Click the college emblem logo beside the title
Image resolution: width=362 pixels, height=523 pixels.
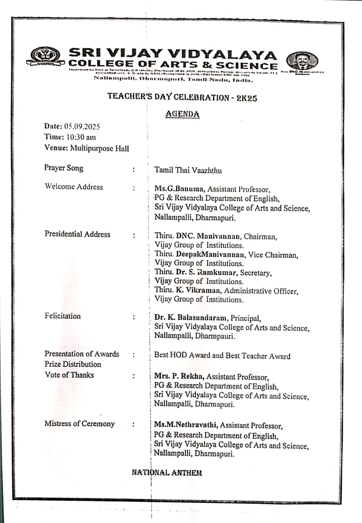point(45,57)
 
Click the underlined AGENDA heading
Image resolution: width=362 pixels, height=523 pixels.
point(182,114)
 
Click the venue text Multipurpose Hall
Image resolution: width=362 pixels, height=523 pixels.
point(100,148)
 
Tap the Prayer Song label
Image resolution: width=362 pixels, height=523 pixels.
point(64,168)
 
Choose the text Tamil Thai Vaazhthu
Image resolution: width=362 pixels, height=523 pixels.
point(188,170)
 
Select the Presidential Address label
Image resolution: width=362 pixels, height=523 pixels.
point(78,234)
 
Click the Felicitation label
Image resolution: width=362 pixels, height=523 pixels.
point(63,316)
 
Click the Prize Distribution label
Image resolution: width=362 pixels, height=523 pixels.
point(73,364)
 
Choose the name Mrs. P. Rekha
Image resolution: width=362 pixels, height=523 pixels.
point(178,377)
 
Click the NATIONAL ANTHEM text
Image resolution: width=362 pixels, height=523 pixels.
point(167,473)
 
